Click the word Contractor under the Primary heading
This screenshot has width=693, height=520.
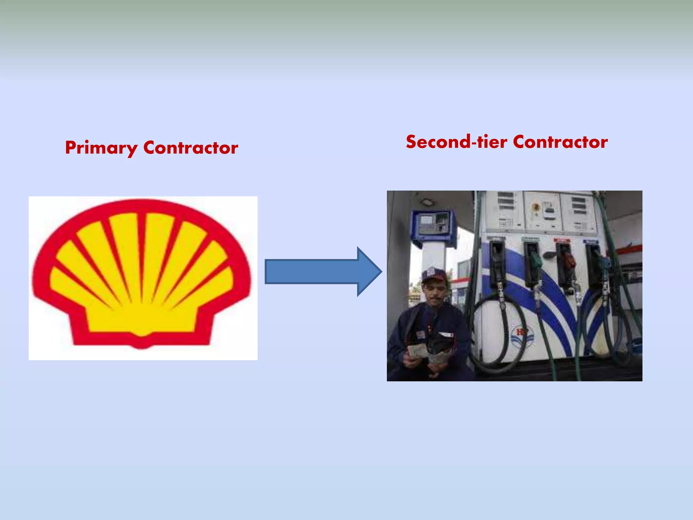[191, 148]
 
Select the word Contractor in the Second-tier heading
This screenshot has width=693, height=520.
[560, 142]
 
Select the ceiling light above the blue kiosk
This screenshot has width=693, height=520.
[427, 202]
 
